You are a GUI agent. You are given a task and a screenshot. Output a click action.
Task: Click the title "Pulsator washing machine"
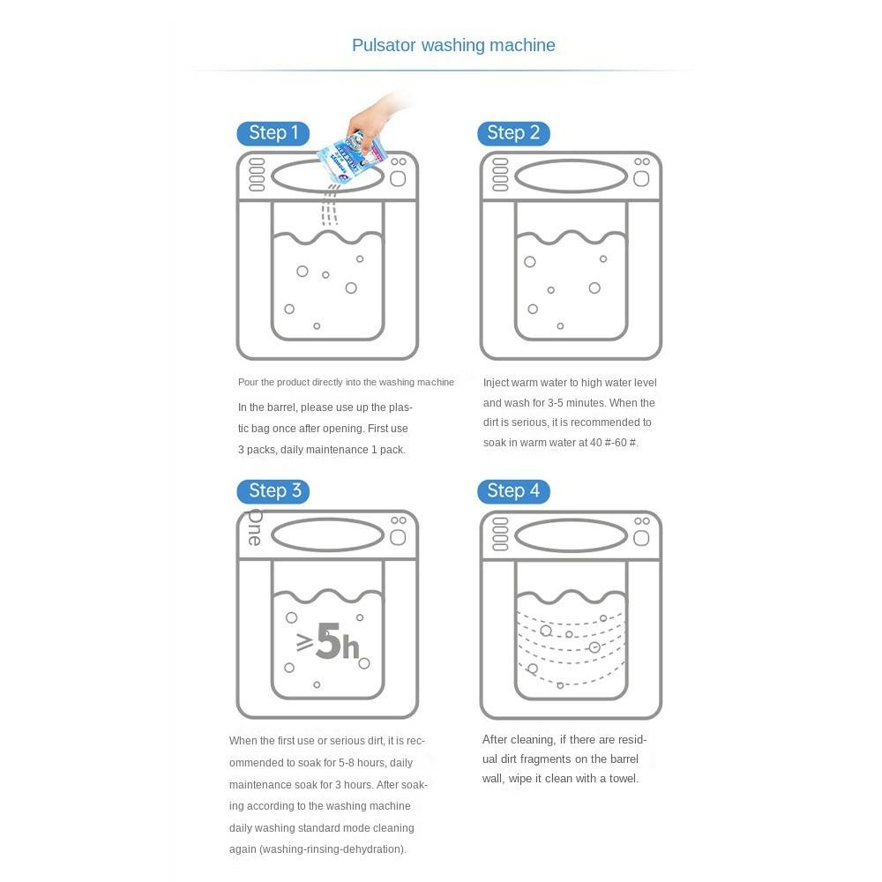453,45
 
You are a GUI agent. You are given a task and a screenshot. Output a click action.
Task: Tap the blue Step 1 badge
273,133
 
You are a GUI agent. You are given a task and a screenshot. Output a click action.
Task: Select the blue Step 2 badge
513,133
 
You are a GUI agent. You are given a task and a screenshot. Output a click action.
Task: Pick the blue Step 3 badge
273,491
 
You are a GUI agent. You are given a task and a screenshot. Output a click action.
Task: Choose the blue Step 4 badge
513,491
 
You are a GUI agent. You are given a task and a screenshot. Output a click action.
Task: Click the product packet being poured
352,158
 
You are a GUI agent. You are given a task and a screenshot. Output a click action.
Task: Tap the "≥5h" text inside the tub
328,641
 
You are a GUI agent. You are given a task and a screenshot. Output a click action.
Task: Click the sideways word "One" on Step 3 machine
255,527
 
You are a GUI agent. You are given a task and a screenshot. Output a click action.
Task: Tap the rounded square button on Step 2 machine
641,179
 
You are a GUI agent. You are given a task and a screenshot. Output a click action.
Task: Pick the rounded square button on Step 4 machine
641,538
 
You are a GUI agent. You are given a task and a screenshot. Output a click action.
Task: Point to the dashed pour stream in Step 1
330,207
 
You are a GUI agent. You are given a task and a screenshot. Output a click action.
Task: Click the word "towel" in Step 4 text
624,779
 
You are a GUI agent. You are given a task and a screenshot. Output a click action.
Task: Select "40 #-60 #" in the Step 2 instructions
614,443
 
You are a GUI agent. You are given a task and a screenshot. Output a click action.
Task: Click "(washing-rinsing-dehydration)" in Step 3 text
333,849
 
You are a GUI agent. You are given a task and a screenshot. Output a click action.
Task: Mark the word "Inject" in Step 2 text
496,383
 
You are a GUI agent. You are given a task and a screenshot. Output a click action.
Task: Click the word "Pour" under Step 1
248,383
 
